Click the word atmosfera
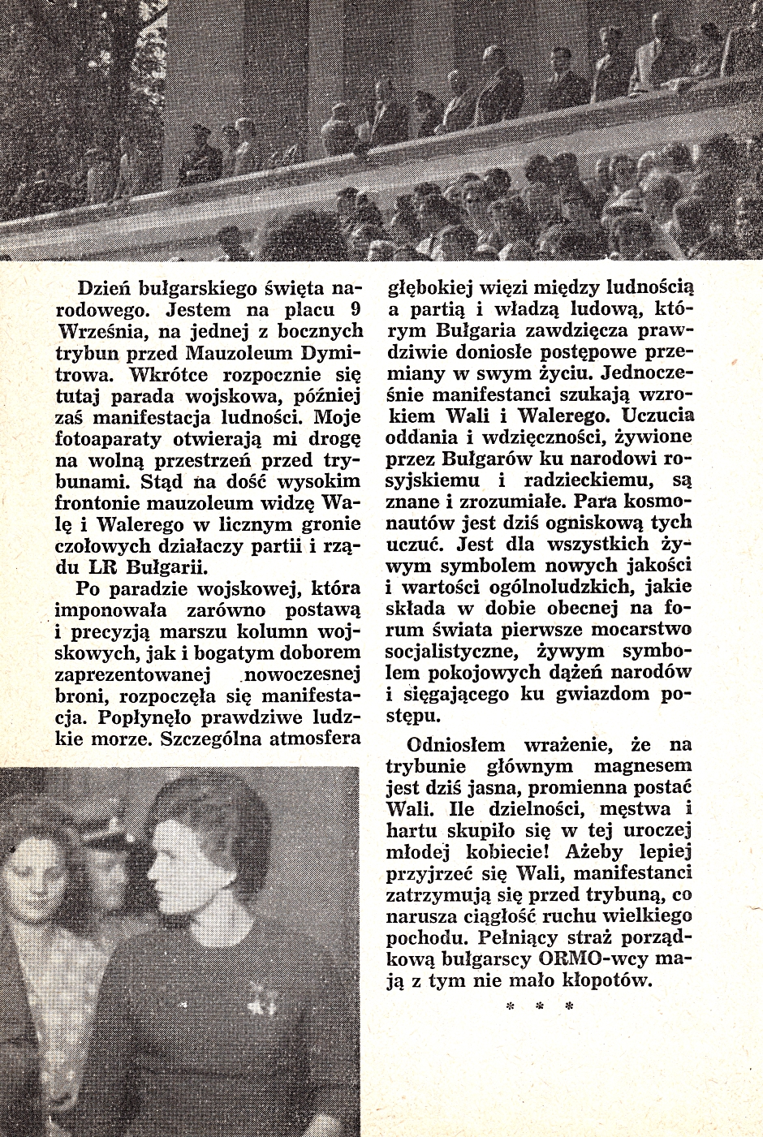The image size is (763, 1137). pyautogui.click(x=319, y=739)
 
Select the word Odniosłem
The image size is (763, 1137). pyautogui.click(x=456, y=744)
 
